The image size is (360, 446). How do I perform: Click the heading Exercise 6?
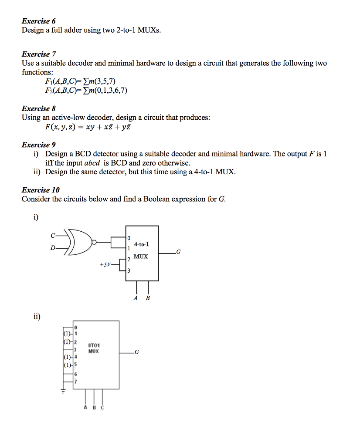[x=39, y=21]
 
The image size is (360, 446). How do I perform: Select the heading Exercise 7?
[x=39, y=54]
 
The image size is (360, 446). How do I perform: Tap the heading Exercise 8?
[x=39, y=108]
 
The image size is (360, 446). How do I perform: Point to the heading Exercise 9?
[x=39, y=145]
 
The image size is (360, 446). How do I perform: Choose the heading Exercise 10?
[x=41, y=190]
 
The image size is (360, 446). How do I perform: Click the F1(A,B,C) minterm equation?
[x=80, y=81]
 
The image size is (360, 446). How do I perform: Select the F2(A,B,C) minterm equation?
[x=86, y=91]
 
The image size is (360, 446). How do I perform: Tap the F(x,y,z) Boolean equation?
[x=87, y=127]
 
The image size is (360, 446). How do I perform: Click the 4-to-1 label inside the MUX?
[x=142, y=244]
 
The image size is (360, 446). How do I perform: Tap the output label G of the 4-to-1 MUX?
[x=177, y=252]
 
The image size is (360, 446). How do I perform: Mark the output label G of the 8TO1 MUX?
[x=137, y=352]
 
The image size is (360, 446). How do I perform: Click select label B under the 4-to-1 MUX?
[x=148, y=298]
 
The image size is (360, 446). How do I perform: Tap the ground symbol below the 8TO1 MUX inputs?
[x=63, y=391]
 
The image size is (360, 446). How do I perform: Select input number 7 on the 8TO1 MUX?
[x=75, y=382]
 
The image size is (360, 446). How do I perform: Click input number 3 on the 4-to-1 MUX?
[x=128, y=270]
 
